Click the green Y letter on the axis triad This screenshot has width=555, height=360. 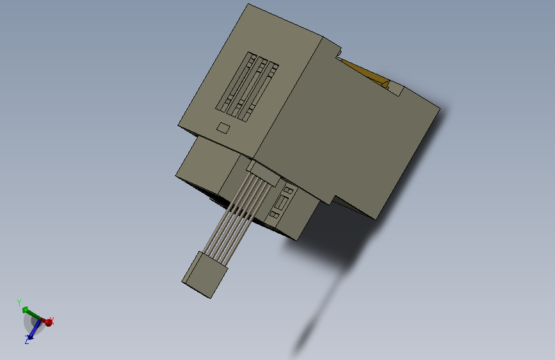(x=20, y=302)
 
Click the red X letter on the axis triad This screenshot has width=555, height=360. (x=52, y=320)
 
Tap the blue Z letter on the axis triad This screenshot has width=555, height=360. (x=27, y=341)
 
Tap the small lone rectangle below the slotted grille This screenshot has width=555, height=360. (x=223, y=127)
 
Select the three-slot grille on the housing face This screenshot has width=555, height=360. (x=249, y=87)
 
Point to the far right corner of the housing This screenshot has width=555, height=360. (x=439, y=109)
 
